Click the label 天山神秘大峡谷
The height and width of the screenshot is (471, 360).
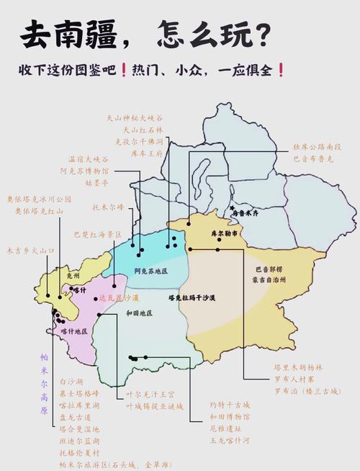click(x=135, y=117)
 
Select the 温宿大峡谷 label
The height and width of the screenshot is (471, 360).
click(x=88, y=160)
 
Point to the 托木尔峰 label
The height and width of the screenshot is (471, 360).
click(x=108, y=207)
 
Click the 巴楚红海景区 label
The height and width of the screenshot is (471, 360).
click(x=98, y=235)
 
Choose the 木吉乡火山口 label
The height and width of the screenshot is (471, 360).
click(x=30, y=251)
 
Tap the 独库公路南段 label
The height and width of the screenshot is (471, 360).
click(x=317, y=147)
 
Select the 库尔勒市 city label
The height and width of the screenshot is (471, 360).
click(x=224, y=235)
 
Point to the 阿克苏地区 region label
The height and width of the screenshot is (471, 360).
click(x=150, y=271)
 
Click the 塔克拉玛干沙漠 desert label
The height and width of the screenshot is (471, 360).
click(x=192, y=297)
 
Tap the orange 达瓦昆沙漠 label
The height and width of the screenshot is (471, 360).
click(x=119, y=297)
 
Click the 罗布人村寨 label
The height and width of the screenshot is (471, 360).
click(x=293, y=379)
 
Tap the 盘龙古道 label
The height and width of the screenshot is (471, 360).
click(x=75, y=417)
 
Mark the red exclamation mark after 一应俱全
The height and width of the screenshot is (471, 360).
click(x=280, y=71)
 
